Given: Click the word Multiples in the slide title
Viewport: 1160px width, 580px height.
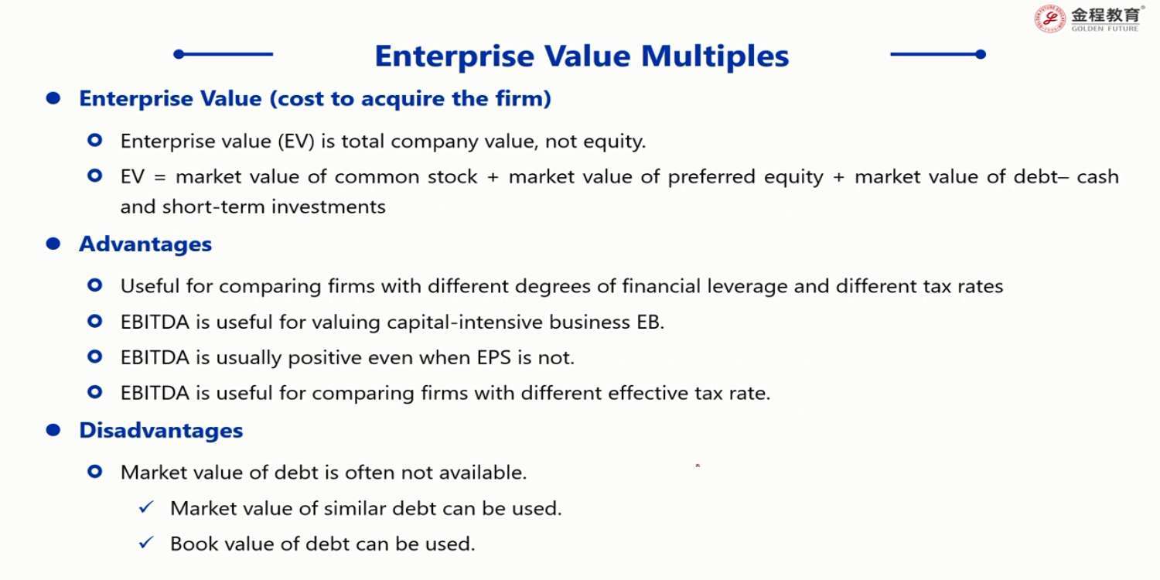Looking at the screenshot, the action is tap(715, 56).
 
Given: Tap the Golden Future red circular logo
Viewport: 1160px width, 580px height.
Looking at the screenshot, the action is tap(1049, 19).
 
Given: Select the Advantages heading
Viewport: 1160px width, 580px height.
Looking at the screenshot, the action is tap(145, 244).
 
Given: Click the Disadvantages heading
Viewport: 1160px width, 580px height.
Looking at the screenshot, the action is tap(161, 430).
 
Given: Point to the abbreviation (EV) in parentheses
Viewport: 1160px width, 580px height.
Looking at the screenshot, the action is tap(295, 142).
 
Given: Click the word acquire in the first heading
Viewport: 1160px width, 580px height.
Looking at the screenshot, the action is tap(403, 99).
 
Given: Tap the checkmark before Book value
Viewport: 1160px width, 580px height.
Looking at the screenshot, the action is tap(147, 543).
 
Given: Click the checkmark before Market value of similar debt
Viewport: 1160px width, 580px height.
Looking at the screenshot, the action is tap(147, 507).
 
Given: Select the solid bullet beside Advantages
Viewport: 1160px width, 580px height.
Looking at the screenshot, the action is tap(53, 244).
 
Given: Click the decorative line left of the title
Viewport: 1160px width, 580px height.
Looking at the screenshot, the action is tap(223, 54).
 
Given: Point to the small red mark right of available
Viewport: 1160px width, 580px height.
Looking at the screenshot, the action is tap(698, 466).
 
